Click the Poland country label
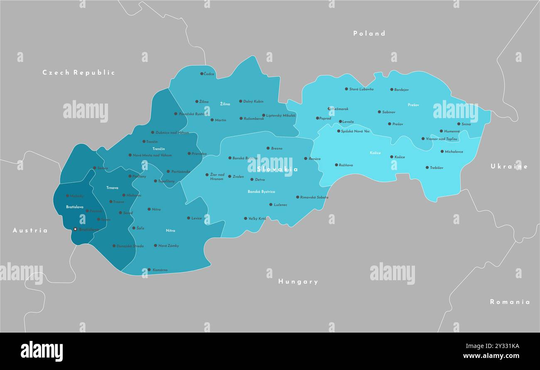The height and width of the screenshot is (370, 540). [x=369, y=33]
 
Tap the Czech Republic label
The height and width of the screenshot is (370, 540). [x=79, y=72]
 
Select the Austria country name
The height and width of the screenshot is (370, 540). [x=30, y=230]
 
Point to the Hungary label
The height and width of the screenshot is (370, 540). [x=298, y=281]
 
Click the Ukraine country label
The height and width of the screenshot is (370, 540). [x=509, y=166]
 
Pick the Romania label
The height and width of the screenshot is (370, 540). [x=510, y=302]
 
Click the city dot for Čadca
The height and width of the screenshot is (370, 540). [x=202, y=74]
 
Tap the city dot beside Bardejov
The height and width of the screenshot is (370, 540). [x=391, y=89]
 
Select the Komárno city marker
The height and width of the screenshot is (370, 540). [x=149, y=270]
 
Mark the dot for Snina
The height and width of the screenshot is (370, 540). [x=459, y=124]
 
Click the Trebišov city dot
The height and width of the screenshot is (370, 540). [x=427, y=168]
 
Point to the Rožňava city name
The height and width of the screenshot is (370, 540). [x=346, y=165]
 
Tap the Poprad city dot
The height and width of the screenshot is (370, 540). [x=317, y=118]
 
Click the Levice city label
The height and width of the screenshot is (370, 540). [x=196, y=218]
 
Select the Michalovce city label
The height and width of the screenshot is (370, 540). [x=454, y=152]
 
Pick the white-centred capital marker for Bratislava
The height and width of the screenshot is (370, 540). [x=75, y=229]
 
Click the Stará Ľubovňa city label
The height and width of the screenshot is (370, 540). [x=361, y=89]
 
